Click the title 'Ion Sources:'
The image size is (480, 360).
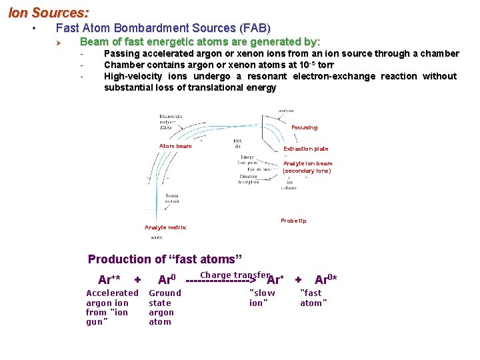pyautogui.click(x=48, y=12)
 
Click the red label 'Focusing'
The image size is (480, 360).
pyautogui.click(x=305, y=127)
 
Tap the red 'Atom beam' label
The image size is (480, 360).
pyautogui.click(x=175, y=146)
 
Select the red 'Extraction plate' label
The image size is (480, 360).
pyautogui.click(x=306, y=149)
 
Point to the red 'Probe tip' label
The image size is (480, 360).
pyautogui.click(x=293, y=221)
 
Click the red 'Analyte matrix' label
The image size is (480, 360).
pyautogui.click(x=165, y=227)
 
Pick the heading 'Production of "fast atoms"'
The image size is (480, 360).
pyautogui.click(x=165, y=259)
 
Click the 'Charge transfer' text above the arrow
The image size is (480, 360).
pyautogui.click(x=235, y=275)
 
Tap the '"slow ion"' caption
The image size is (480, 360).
pyautogui.click(x=261, y=297)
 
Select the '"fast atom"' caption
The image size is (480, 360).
pyautogui.click(x=313, y=297)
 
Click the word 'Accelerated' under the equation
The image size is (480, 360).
pyautogui.click(x=112, y=293)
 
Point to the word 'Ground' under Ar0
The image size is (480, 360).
pyautogui.click(x=165, y=293)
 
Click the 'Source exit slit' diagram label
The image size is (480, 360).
pyautogui.click(x=171, y=199)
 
